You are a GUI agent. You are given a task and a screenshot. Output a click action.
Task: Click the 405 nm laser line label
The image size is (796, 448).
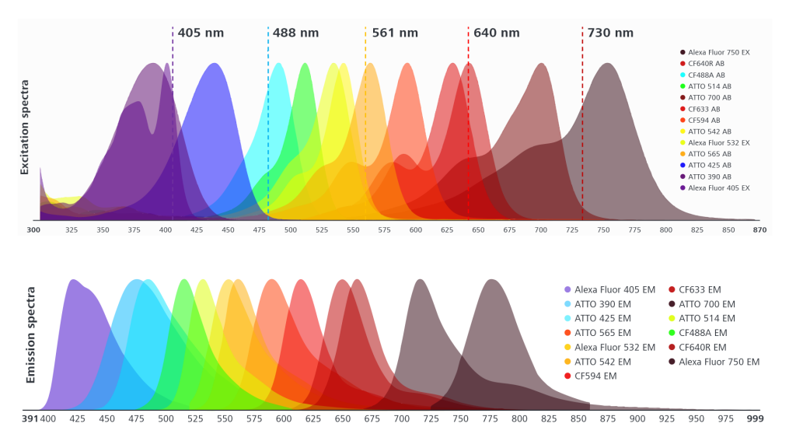tap(201, 33)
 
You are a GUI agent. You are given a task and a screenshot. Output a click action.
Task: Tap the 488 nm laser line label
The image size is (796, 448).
tap(295, 33)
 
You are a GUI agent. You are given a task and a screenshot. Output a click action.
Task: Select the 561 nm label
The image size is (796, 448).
tap(395, 33)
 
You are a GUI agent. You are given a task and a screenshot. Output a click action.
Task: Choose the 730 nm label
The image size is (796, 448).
tap(610, 33)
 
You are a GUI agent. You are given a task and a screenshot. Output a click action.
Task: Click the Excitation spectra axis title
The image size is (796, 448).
tap(25, 127)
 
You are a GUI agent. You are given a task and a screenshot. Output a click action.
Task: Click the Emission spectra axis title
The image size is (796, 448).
tap(32, 343)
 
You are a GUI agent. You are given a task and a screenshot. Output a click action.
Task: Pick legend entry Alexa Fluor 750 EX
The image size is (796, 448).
tap(718, 52)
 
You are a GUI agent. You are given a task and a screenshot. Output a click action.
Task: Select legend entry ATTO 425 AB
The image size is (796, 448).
tap(709, 165)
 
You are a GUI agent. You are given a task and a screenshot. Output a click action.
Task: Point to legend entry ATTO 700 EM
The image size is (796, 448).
tap(706, 304)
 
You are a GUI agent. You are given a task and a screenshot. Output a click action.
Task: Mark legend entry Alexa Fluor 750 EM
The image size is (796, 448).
tap(719, 362)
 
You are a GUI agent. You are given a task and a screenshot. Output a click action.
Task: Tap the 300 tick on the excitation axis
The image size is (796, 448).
tap(33, 230)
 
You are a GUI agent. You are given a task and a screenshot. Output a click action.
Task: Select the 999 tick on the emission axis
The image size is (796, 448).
tap(755, 418)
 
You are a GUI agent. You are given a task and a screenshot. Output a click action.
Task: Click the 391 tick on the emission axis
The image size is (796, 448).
tap(30, 418)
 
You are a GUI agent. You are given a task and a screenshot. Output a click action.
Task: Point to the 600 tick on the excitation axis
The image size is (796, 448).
tap(415, 230)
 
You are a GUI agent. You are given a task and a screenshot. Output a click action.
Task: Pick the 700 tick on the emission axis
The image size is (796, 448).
tap(401, 418)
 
